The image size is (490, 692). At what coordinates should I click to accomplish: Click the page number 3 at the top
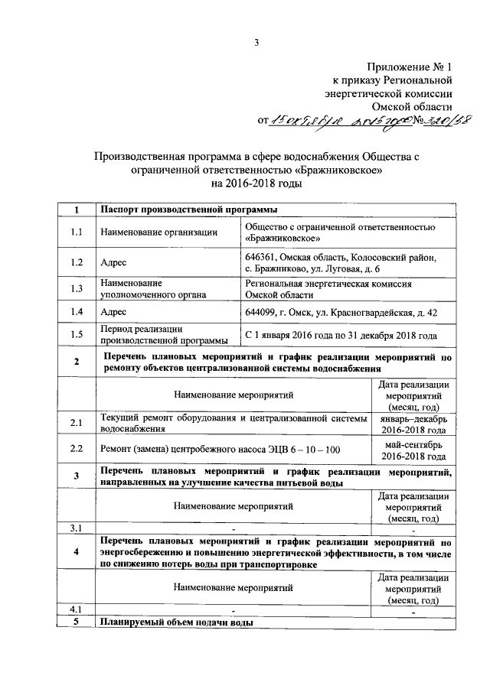(257, 43)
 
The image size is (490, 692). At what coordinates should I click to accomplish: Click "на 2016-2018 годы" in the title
(257, 184)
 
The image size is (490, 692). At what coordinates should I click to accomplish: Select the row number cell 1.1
(76, 232)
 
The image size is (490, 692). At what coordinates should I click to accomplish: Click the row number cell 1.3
(76, 288)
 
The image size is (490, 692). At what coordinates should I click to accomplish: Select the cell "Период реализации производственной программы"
(162, 335)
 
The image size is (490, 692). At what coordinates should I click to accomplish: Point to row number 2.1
(76, 423)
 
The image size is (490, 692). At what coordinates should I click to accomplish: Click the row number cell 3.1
(76, 528)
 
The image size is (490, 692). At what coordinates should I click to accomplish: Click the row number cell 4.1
(76, 609)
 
